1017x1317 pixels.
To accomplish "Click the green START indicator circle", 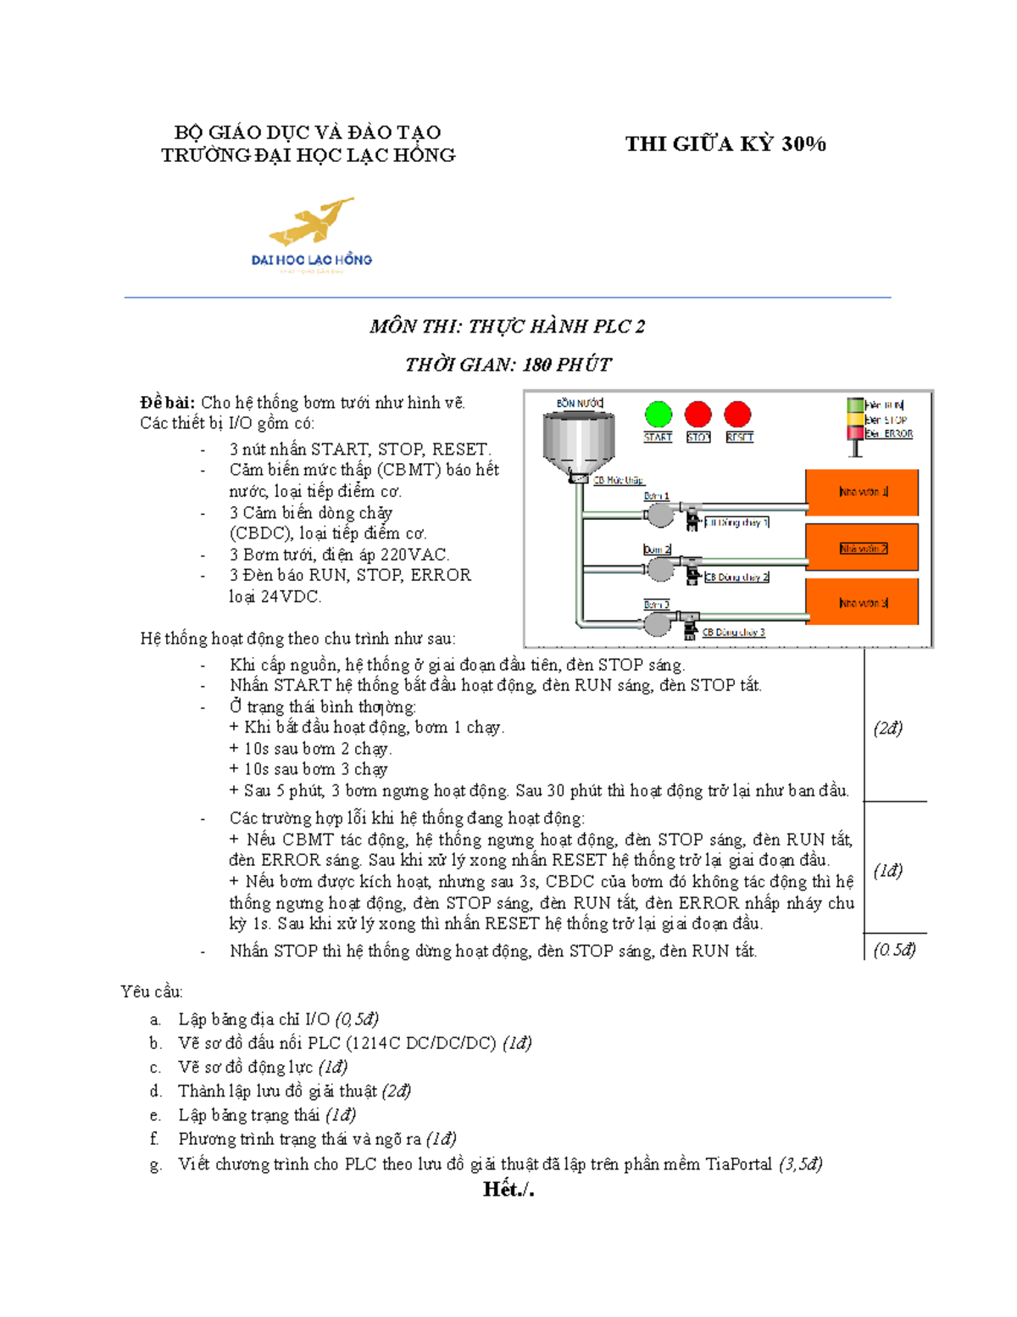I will click(658, 415).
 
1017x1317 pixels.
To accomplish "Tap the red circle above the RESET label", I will click(737, 414).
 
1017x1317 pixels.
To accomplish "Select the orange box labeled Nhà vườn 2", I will click(862, 548).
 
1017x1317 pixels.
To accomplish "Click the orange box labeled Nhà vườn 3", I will click(862, 603).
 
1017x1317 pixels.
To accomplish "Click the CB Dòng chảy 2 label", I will click(736, 577).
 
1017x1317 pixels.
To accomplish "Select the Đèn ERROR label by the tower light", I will click(888, 433).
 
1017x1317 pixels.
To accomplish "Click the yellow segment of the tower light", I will click(855, 420).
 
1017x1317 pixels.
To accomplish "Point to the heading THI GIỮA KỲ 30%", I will click(725, 144).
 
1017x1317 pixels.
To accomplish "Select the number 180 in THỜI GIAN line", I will click(536, 365).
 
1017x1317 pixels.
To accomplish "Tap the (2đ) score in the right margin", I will click(887, 728).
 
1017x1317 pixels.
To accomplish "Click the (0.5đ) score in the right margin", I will click(894, 950).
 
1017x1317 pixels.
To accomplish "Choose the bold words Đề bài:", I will click(168, 403).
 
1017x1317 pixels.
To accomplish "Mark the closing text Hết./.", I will click(508, 1190).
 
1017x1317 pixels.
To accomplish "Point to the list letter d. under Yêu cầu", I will click(155, 1091).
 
